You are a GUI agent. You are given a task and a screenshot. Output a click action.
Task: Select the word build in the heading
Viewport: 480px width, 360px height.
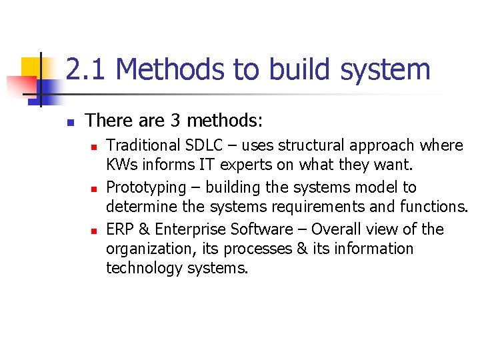pyautogui.click(x=303, y=69)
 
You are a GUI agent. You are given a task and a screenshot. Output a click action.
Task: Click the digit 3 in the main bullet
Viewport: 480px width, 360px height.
pyautogui.click(x=175, y=121)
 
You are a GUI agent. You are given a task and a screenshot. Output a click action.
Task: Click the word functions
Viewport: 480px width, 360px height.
pyautogui.click(x=435, y=207)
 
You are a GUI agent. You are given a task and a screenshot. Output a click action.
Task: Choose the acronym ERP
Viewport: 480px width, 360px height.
pyautogui.click(x=120, y=229)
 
